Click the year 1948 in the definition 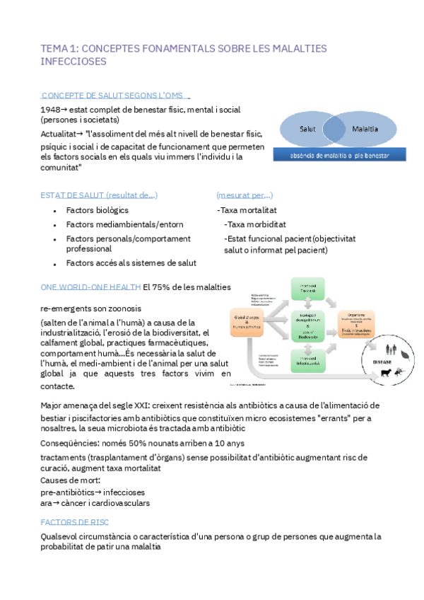49,110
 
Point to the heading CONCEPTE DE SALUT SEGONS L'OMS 114,95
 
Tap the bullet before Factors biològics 55,211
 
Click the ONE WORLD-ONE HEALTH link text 90,287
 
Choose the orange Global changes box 246,323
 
